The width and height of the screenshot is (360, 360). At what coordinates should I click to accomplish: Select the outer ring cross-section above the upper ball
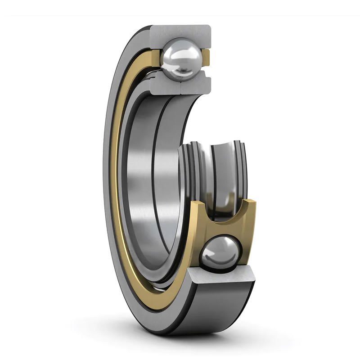pyautogui.click(x=180, y=32)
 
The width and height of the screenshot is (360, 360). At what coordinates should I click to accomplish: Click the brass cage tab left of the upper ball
pyautogui.click(x=156, y=58)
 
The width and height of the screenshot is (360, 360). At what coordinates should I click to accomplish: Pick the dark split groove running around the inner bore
pyautogui.click(x=153, y=180)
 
